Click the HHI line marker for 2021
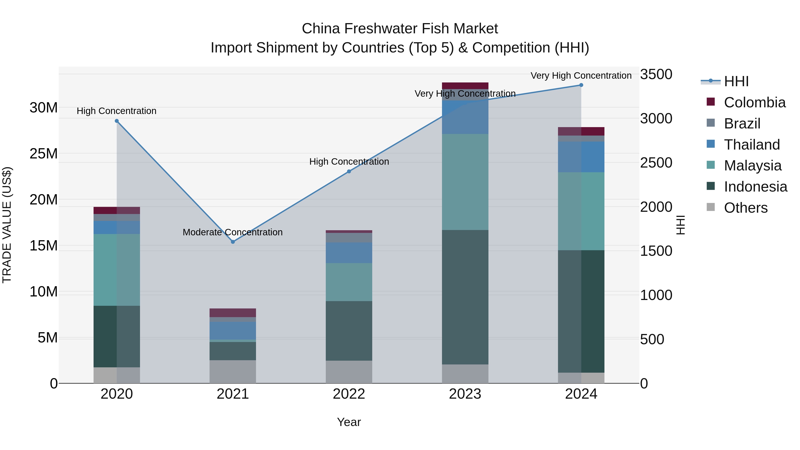point(233,242)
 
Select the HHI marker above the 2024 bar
point(581,85)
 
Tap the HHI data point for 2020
point(117,121)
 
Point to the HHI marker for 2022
point(349,171)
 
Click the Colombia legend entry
point(754,102)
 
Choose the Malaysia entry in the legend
point(752,166)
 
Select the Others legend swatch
point(711,207)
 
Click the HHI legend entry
point(736,81)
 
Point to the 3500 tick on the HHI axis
point(656,74)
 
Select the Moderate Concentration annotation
point(233,232)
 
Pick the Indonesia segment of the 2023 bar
point(465,297)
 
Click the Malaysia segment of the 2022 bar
point(349,282)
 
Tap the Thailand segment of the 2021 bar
point(233,330)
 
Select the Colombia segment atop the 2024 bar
point(581,131)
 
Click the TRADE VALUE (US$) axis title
point(7,225)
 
